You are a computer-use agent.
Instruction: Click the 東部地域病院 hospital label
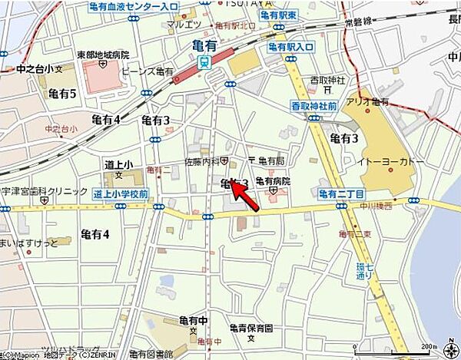click(x=104, y=54)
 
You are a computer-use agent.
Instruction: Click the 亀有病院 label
click(x=272, y=181)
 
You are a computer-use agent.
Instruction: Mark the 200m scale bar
click(x=419, y=352)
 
